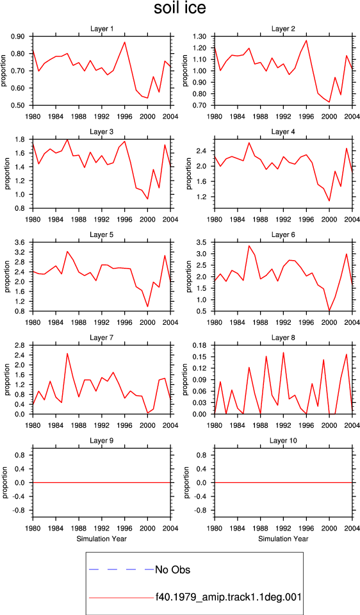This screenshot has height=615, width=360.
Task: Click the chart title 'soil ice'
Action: pyautogui.click(x=179, y=8)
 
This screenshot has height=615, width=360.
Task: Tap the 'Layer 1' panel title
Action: pyautogui.click(x=102, y=29)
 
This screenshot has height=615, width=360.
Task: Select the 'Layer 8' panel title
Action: pyautogui.click(x=283, y=338)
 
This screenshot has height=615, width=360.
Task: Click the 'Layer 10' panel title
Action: pyautogui.click(x=283, y=441)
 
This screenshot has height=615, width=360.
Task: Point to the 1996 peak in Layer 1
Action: pyautogui.click(x=125, y=42)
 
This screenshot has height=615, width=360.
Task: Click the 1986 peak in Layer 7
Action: pyautogui.click(x=67, y=354)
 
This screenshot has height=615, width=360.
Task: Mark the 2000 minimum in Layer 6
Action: pyautogui.click(x=329, y=311)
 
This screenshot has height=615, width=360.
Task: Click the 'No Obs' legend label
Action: pyautogui.click(x=173, y=570)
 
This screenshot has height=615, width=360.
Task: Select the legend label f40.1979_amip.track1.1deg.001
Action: pyautogui.click(x=228, y=597)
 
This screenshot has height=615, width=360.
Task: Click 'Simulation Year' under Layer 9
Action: pyautogui.click(x=102, y=539)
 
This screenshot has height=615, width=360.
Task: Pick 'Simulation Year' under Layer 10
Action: pyautogui.click(x=283, y=539)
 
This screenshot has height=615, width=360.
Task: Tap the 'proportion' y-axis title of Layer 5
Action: pyautogui.click(x=6, y=277)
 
